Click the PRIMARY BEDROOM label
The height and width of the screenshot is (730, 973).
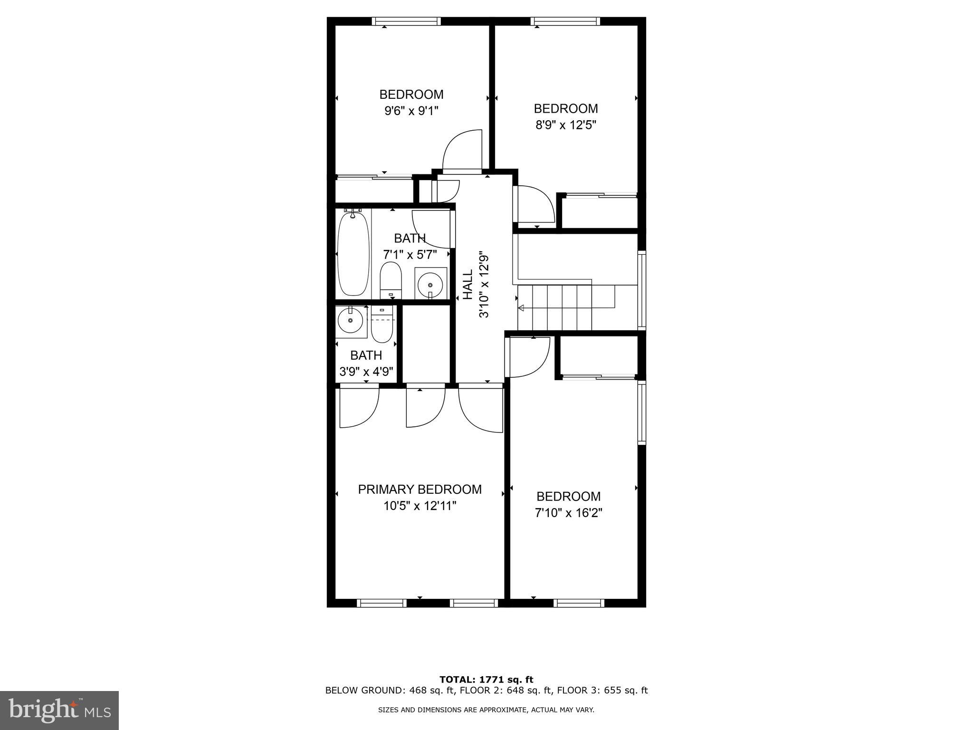point(420,490)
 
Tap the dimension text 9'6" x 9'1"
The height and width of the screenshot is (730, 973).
point(411,111)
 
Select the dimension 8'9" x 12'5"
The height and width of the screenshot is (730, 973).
point(565,125)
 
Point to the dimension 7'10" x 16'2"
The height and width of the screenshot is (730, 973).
point(568,513)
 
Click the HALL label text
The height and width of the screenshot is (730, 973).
point(468,285)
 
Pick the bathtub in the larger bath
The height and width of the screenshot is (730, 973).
point(353,254)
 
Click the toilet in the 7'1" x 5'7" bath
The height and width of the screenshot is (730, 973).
point(391,280)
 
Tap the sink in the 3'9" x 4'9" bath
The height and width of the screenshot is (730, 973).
point(351,321)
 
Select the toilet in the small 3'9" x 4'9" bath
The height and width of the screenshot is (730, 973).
point(382,325)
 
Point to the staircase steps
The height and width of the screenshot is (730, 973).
point(565,307)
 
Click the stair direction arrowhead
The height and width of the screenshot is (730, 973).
point(521,308)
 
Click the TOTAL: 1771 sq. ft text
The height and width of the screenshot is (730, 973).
point(486,680)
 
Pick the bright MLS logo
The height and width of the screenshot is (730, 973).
point(59,710)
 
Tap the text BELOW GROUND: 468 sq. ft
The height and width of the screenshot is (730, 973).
point(390,691)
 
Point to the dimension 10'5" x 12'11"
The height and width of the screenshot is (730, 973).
point(420,506)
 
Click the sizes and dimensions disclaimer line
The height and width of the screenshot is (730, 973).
point(486,710)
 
